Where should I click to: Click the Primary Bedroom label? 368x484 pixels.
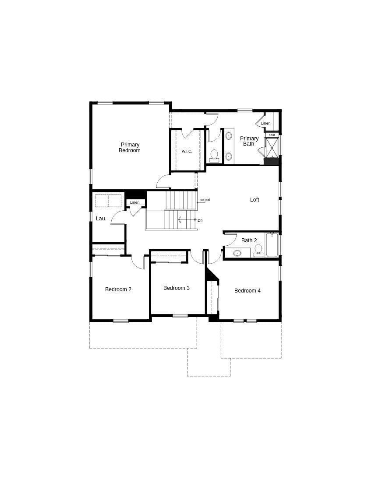[x=130, y=147]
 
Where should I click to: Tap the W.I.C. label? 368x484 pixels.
[x=187, y=151]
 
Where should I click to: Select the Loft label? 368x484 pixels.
[x=255, y=200]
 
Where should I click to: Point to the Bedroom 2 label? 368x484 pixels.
[x=118, y=289]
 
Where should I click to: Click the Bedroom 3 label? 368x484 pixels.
[x=177, y=288]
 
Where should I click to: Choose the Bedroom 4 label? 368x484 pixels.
[x=248, y=291]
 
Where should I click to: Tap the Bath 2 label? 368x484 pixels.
[x=249, y=240]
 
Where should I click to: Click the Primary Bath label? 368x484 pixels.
[x=249, y=141]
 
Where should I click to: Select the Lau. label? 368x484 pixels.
[x=101, y=219]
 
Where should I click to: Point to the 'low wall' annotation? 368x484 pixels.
[x=205, y=200]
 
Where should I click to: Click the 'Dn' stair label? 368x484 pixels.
[x=200, y=220]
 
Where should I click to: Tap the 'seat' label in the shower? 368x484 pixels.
[x=272, y=135]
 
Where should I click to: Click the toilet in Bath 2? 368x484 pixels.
[x=258, y=250]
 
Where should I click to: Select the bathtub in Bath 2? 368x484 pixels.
[x=272, y=245]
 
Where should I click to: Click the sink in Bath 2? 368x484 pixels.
[x=237, y=253]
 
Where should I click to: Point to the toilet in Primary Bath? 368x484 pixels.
[x=214, y=155]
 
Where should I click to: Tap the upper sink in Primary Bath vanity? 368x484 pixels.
[x=229, y=136]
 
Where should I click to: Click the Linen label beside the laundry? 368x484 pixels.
[x=135, y=202]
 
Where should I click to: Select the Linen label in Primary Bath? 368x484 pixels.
[x=266, y=123]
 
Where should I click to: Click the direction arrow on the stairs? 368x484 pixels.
[x=180, y=219]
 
